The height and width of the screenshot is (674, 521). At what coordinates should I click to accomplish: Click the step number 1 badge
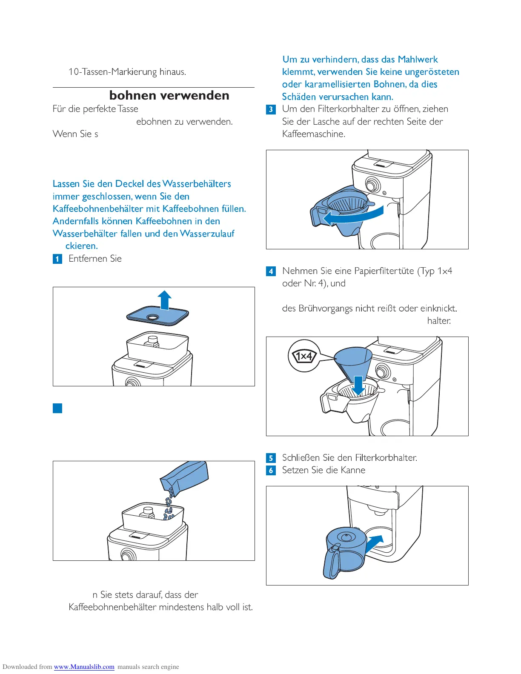[x=57, y=259]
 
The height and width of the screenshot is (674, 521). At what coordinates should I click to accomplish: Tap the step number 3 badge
[x=271, y=109]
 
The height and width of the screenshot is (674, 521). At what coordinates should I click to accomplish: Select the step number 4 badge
[x=271, y=271]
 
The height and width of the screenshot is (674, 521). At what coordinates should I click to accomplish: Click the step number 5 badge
[x=271, y=458]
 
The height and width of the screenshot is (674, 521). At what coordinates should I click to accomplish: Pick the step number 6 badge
[x=271, y=471]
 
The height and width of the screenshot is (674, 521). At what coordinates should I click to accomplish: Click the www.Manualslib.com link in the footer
[x=84, y=667]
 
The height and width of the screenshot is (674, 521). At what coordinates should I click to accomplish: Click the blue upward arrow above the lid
[x=164, y=300]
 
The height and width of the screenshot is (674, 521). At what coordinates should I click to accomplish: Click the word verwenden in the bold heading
[x=200, y=95]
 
